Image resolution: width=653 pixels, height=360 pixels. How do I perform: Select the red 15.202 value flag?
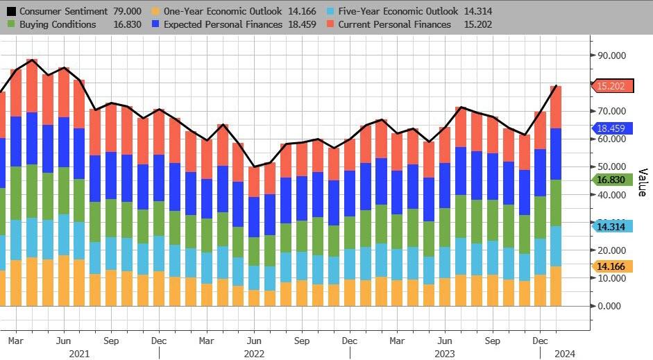point(613,86)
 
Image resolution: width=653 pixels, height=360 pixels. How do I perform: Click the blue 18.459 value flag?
point(613,128)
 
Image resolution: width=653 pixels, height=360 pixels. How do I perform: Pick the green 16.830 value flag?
point(613,180)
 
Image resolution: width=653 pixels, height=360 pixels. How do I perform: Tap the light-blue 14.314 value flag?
point(613,226)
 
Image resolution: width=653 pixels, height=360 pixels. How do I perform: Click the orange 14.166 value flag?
point(613,266)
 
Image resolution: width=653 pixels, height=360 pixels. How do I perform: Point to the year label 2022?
point(253,353)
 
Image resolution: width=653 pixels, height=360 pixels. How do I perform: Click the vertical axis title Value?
point(642,182)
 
